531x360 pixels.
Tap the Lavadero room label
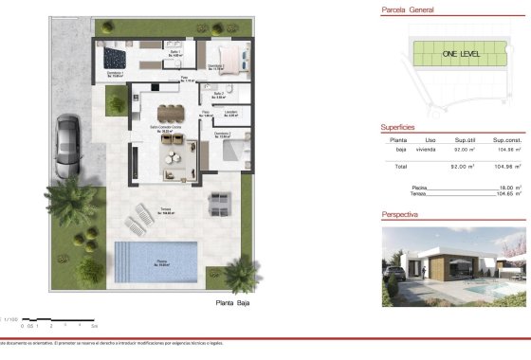pyautogui.click(x=230, y=114)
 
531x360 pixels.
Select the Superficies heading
pyautogui.click(x=397, y=125)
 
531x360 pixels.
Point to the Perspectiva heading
pyautogui.click(x=401, y=214)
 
